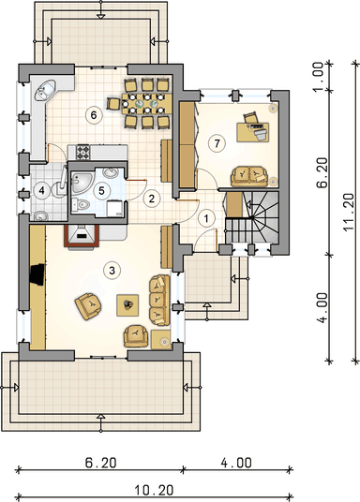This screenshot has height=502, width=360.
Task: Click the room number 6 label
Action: (x=94, y=114)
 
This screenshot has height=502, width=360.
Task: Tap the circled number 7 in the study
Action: (x=217, y=143)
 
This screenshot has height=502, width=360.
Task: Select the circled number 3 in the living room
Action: (x=112, y=271)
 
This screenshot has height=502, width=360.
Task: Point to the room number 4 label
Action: (x=41, y=191)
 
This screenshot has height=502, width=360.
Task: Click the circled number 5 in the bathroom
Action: (x=101, y=191)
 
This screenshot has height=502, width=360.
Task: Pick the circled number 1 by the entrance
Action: (x=206, y=218)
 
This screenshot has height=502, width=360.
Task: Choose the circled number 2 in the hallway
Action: (x=151, y=199)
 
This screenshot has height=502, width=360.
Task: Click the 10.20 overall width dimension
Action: (x=154, y=490)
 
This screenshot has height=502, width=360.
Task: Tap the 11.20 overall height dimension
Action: (x=349, y=212)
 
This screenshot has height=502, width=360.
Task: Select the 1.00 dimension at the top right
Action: (x=318, y=77)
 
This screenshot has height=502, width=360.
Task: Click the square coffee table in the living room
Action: (x=127, y=305)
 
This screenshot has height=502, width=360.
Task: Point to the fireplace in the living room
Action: (x=82, y=236)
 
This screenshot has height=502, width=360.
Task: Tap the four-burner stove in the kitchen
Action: (x=82, y=152)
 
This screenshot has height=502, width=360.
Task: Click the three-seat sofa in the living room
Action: (x=159, y=301)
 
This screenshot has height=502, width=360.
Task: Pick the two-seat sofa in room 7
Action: (x=248, y=175)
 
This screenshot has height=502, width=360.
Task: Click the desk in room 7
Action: (x=253, y=132)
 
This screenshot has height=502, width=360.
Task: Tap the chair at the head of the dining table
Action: (x=113, y=104)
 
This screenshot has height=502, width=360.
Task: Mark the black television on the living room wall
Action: (x=37, y=274)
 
